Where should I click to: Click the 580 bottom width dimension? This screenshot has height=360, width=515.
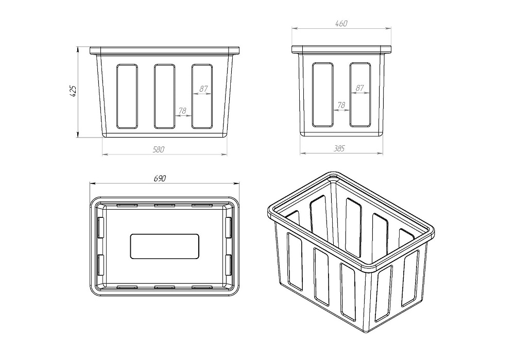(158, 149)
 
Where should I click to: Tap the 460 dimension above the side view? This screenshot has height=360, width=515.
(341, 24)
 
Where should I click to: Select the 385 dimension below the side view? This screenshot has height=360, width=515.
(339, 148)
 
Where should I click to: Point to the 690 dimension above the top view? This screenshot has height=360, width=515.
(160, 178)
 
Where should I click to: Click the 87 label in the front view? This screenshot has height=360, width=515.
(203, 89)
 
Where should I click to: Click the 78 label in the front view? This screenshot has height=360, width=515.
(182, 111)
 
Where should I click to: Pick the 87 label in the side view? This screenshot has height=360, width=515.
(359, 88)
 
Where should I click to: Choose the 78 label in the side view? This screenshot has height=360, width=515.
(341, 105)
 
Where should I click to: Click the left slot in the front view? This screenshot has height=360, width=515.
(127, 96)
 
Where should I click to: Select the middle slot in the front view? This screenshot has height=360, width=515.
(164, 96)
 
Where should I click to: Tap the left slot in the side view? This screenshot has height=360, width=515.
(322, 95)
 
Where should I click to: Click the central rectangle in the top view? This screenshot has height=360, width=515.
(165, 246)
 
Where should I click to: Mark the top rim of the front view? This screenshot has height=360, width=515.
(165, 50)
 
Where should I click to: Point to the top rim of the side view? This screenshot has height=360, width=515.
(341, 49)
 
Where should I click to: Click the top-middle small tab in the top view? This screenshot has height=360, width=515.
(165, 206)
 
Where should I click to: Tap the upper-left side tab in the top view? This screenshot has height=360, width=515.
(101, 227)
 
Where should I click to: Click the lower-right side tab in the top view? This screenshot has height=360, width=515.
(228, 265)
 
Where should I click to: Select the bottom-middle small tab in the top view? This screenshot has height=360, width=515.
(165, 287)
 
